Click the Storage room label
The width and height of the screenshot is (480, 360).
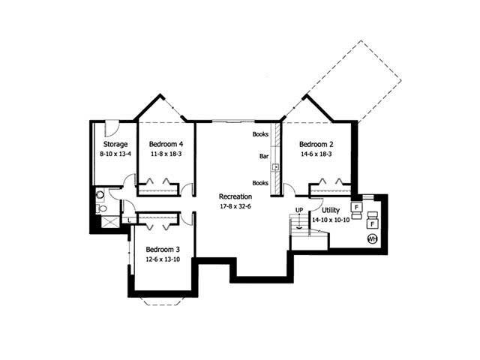pyautogui.click(x=115, y=144)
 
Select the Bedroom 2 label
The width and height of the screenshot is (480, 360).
pyautogui.click(x=316, y=144)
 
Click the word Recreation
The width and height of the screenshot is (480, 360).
pyautogui.click(x=235, y=196)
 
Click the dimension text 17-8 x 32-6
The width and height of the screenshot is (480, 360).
pyautogui.click(x=235, y=205)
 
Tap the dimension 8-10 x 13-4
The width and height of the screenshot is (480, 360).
pyautogui.click(x=115, y=154)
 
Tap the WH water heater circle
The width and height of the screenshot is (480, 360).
pyautogui.click(x=371, y=238)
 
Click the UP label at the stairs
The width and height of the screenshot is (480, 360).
pyautogui.click(x=298, y=210)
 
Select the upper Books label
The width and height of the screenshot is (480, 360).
pyautogui.click(x=260, y=134)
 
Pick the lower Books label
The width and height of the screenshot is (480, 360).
pyautogui.click(x=260, y=183)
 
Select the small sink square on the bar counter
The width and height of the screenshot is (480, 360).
pyautogui.click(x=275, y=166)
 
